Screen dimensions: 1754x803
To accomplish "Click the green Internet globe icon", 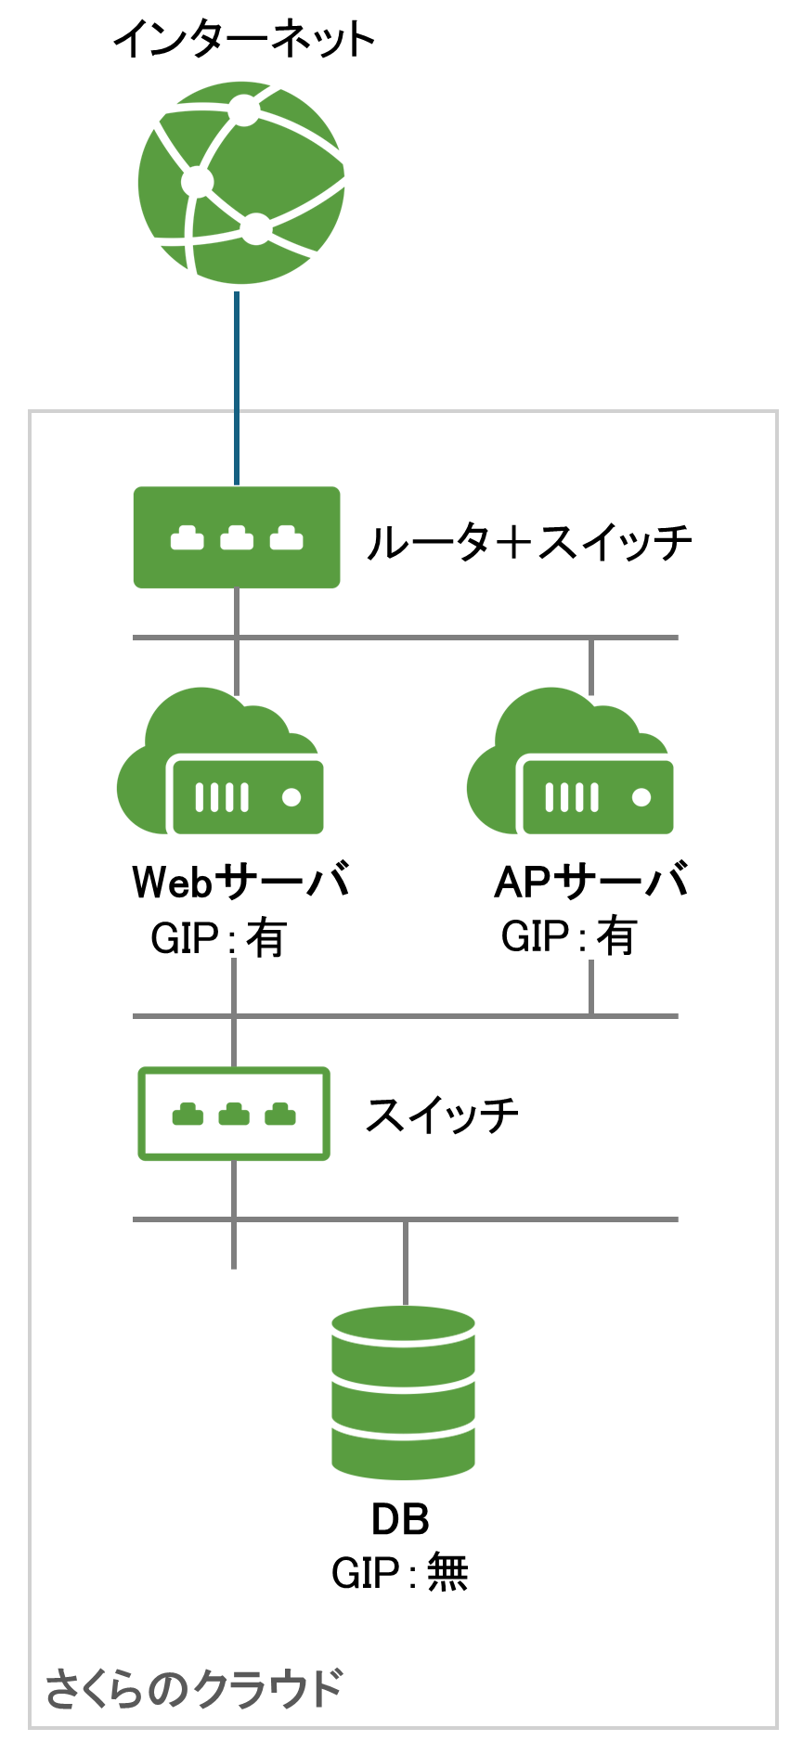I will tap(241, 183).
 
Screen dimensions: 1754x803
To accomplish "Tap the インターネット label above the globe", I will tap(244, 40).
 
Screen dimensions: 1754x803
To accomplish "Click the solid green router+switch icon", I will tap(237, 537).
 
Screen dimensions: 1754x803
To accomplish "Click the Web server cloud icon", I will tap(220, 764).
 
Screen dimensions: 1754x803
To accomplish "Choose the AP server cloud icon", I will tap(570, 764).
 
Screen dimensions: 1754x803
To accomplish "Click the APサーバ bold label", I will tap(591, 882).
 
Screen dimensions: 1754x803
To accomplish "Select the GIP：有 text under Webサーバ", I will tap(218, 938).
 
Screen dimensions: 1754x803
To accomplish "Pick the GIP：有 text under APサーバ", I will tap(568, 936).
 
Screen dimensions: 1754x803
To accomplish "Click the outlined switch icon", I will tap(234, 1114).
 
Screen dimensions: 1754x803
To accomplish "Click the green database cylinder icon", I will tap(404, 1392).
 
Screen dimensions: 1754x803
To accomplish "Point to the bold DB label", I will tap(400, 1519).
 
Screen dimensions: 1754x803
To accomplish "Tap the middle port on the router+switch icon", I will tap(237, 538).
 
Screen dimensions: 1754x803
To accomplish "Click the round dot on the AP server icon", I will tap(641, 797).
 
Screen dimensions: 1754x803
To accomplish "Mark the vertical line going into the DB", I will tap(406, 1262).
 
